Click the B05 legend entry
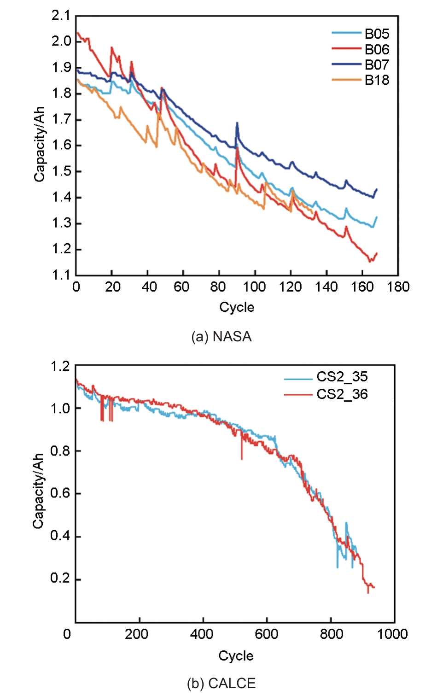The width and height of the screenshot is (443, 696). click(x=377, y=34)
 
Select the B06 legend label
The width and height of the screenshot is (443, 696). click(x=377, y=49)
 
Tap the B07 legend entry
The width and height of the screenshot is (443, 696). click(x=377, y=64)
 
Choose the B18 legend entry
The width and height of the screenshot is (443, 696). click(x=377, y=80)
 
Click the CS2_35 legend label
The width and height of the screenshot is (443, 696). click(x=342, y=377)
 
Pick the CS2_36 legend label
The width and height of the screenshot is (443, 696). click(x=342, y=394)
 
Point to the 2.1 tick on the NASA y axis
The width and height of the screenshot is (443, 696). click(x=61, y=16)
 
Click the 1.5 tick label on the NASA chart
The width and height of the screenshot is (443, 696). click(x=61, y=171)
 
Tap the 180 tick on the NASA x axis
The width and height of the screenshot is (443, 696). click(x=398, y=287)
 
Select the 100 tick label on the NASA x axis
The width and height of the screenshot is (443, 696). click(x=254, y=287)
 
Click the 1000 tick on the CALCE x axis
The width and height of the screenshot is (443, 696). click(x=392, y=634)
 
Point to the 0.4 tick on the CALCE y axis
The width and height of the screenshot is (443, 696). click(x=60, y=536)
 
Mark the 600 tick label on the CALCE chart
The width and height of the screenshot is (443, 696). click(x=266, y=634)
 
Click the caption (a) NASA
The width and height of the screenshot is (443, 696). click(x=221, y=337)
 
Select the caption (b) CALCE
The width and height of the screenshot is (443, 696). click(x=221, y=683)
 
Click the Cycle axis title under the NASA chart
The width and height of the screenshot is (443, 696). click(x=237, y=307)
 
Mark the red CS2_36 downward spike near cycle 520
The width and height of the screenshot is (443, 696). click(x=242, y=458)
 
